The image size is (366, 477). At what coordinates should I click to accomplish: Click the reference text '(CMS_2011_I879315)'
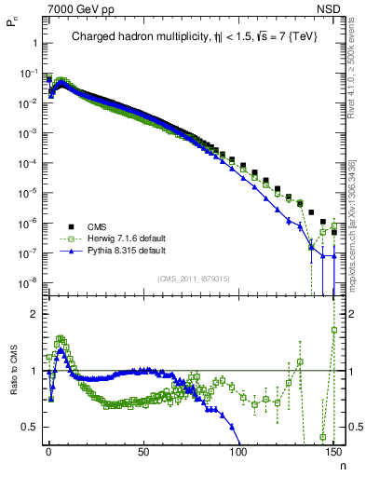(x=193, y=278)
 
